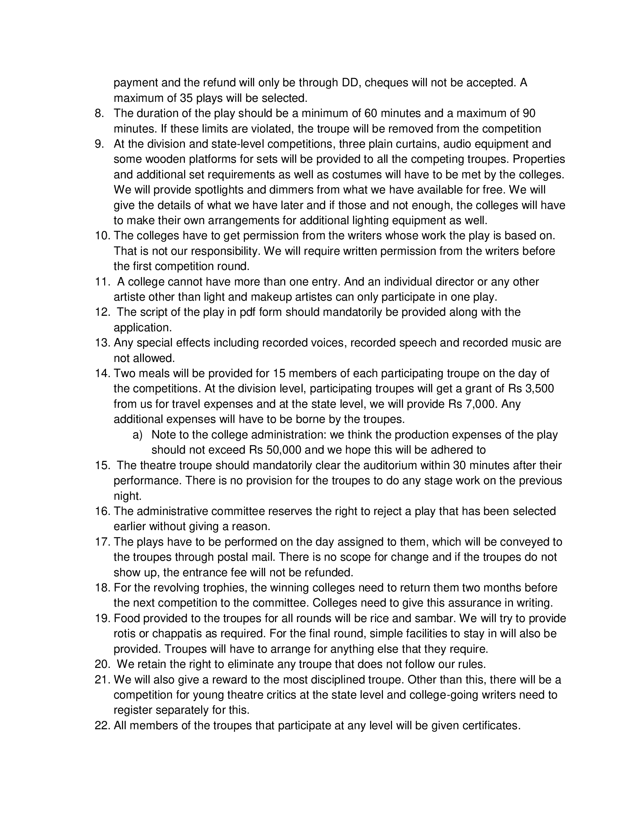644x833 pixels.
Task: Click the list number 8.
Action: (x=99, y=113)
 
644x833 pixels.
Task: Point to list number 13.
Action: (x=102, y=343)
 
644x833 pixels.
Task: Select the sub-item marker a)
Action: (x=138, y=435)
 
